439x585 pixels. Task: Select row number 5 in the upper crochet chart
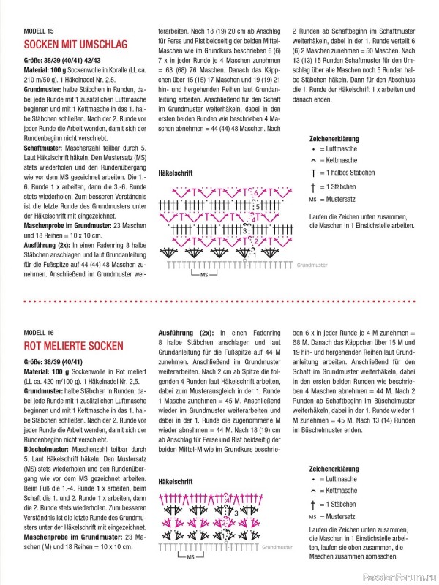(255, 206)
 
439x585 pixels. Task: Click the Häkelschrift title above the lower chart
(175, 482)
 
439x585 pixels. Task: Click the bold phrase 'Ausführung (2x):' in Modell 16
(186, 333)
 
